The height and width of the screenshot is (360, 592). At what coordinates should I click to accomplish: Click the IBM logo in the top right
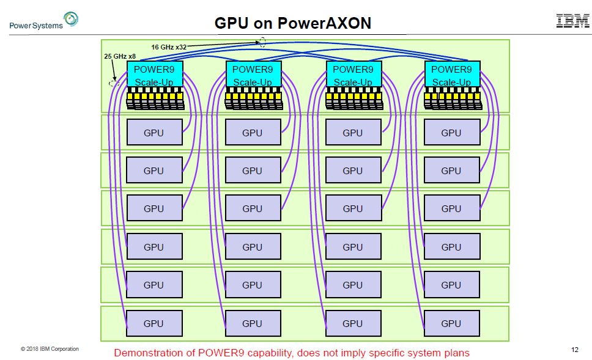[572, 21]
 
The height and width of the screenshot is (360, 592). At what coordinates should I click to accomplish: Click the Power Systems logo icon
[71, 20]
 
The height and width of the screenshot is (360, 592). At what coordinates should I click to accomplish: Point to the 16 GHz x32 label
[169, 46]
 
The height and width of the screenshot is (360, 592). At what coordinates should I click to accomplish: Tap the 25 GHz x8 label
[120, 56]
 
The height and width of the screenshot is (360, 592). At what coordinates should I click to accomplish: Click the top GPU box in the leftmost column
[154, 132]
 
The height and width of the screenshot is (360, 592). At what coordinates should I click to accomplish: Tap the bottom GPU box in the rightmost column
[451, 323]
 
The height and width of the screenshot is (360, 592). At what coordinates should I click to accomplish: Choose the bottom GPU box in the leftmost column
[154, 323]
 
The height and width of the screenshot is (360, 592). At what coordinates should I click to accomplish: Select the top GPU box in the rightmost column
[451, 132]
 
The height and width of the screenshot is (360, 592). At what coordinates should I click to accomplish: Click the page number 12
[574, 350]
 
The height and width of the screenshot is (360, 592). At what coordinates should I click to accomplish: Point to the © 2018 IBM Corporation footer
[50, 349]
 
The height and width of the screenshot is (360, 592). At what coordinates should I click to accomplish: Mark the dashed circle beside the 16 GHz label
[262, 42]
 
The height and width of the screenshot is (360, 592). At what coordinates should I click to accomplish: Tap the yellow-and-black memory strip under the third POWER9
[353, 98]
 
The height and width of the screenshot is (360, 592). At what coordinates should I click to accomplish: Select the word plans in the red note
[456, 353]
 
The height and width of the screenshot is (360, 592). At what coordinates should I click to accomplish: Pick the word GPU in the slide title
[232, 23]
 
